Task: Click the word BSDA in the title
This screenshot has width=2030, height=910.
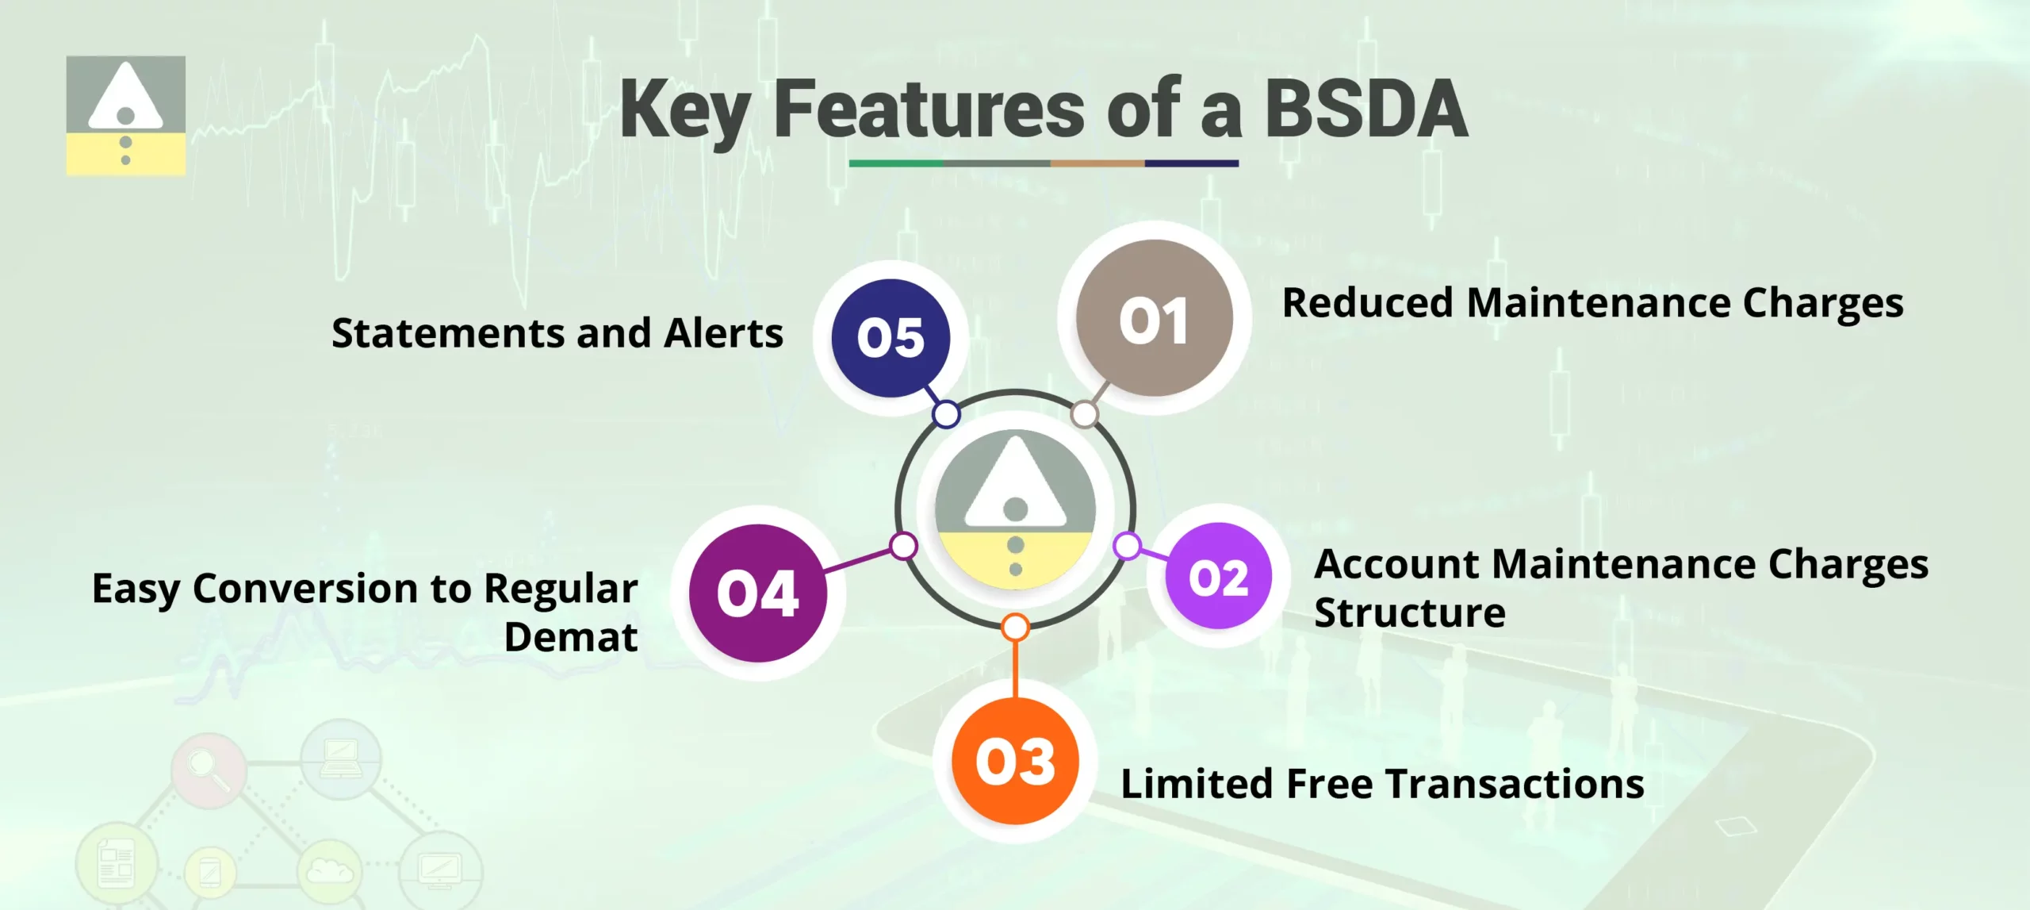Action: tap(1365, 109)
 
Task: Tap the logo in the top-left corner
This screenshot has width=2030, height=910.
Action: tap(125, 115)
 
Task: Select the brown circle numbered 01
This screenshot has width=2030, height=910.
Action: tap(1154, 319)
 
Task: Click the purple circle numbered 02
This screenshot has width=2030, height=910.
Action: tap(1218, 577)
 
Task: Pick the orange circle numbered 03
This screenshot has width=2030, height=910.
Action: tap(1015, 762)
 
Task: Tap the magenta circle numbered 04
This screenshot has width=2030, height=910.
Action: tap(757, 593)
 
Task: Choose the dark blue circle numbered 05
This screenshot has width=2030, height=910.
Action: tap(891, 338)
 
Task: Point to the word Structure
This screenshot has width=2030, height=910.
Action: tap(1409, 613)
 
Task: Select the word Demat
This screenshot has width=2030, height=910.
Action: tap(570, 637)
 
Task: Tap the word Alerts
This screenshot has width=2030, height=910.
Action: tap(723, 333)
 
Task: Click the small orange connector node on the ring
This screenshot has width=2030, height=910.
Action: tap(1015, 628)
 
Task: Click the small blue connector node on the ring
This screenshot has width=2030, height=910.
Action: tap(946, 414)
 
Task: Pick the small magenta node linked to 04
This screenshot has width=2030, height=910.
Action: tap(903, 546)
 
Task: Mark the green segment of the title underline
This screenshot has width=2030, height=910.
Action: tap(895, 163)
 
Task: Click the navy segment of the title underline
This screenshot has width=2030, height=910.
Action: tap(1191, 163)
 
